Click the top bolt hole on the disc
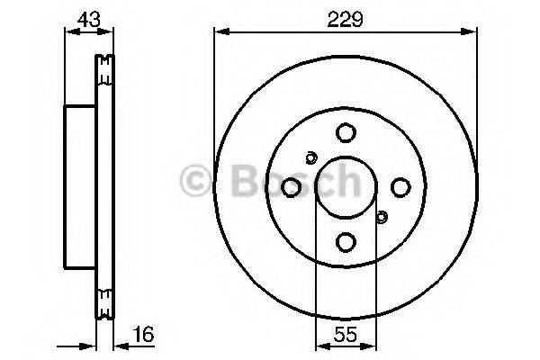tap(346, 133)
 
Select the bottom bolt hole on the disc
tap(346, 241)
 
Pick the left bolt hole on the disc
tap(292, 187)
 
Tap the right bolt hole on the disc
tap(400, 187)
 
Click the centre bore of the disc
tap(346, 187)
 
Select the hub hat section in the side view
tap(78, 187)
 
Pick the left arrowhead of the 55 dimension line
tap(318, 346)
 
